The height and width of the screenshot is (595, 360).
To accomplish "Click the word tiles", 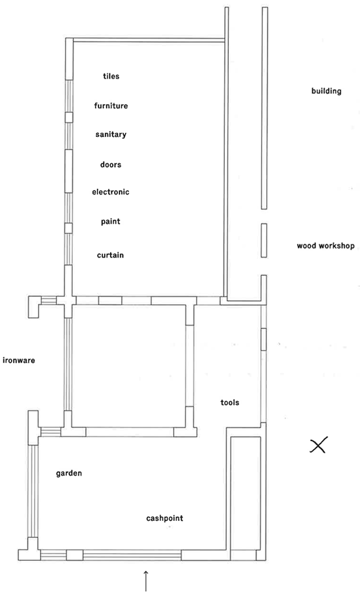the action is (x=111, y=76).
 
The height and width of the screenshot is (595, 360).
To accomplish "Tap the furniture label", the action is (x=111, y=106).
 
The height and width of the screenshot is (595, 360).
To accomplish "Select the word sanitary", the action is (x=111, y=135).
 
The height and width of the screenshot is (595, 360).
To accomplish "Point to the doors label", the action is (x=111, y=164).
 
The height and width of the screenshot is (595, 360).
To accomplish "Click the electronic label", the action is (x=111, y=192).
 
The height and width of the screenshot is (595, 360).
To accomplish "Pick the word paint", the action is (x=111, y=221).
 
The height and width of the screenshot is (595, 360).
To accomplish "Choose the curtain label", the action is (x=110, y=255).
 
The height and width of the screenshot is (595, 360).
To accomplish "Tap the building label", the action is (x=326, y=92).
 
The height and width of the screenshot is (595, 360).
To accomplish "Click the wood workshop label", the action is (x=325, y=246).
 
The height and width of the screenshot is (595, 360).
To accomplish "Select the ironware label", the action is (x=18, y=360).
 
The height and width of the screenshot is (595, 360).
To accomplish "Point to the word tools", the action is (x=230, y=402).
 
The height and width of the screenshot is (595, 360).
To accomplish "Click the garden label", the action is (x=69, y=474).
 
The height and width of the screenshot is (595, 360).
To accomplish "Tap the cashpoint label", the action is (x=165, y=518).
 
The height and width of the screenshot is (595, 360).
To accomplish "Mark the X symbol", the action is (x=318, y=446).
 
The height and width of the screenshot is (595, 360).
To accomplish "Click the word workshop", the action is (x=336, y=246).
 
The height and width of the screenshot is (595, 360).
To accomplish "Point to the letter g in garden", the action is (x=58, y=474).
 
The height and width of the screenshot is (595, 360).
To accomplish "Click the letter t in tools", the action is (x=222, y=402).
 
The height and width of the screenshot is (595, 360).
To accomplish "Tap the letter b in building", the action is (x=313, y=91).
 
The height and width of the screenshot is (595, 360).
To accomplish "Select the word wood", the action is (x=306, y=246).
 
